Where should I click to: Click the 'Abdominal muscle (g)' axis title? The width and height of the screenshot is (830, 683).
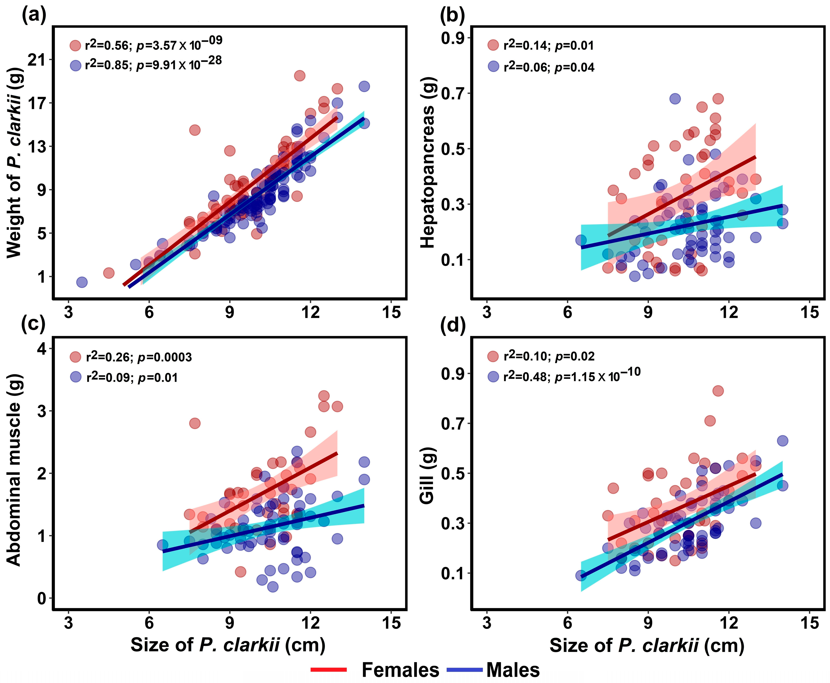14,470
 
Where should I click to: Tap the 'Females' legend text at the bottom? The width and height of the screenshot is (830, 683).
400,669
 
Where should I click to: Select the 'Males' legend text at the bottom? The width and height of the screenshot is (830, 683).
513,669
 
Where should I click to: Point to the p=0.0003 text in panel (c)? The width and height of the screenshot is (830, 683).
165,357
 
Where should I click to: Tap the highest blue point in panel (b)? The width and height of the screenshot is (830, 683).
675,99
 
